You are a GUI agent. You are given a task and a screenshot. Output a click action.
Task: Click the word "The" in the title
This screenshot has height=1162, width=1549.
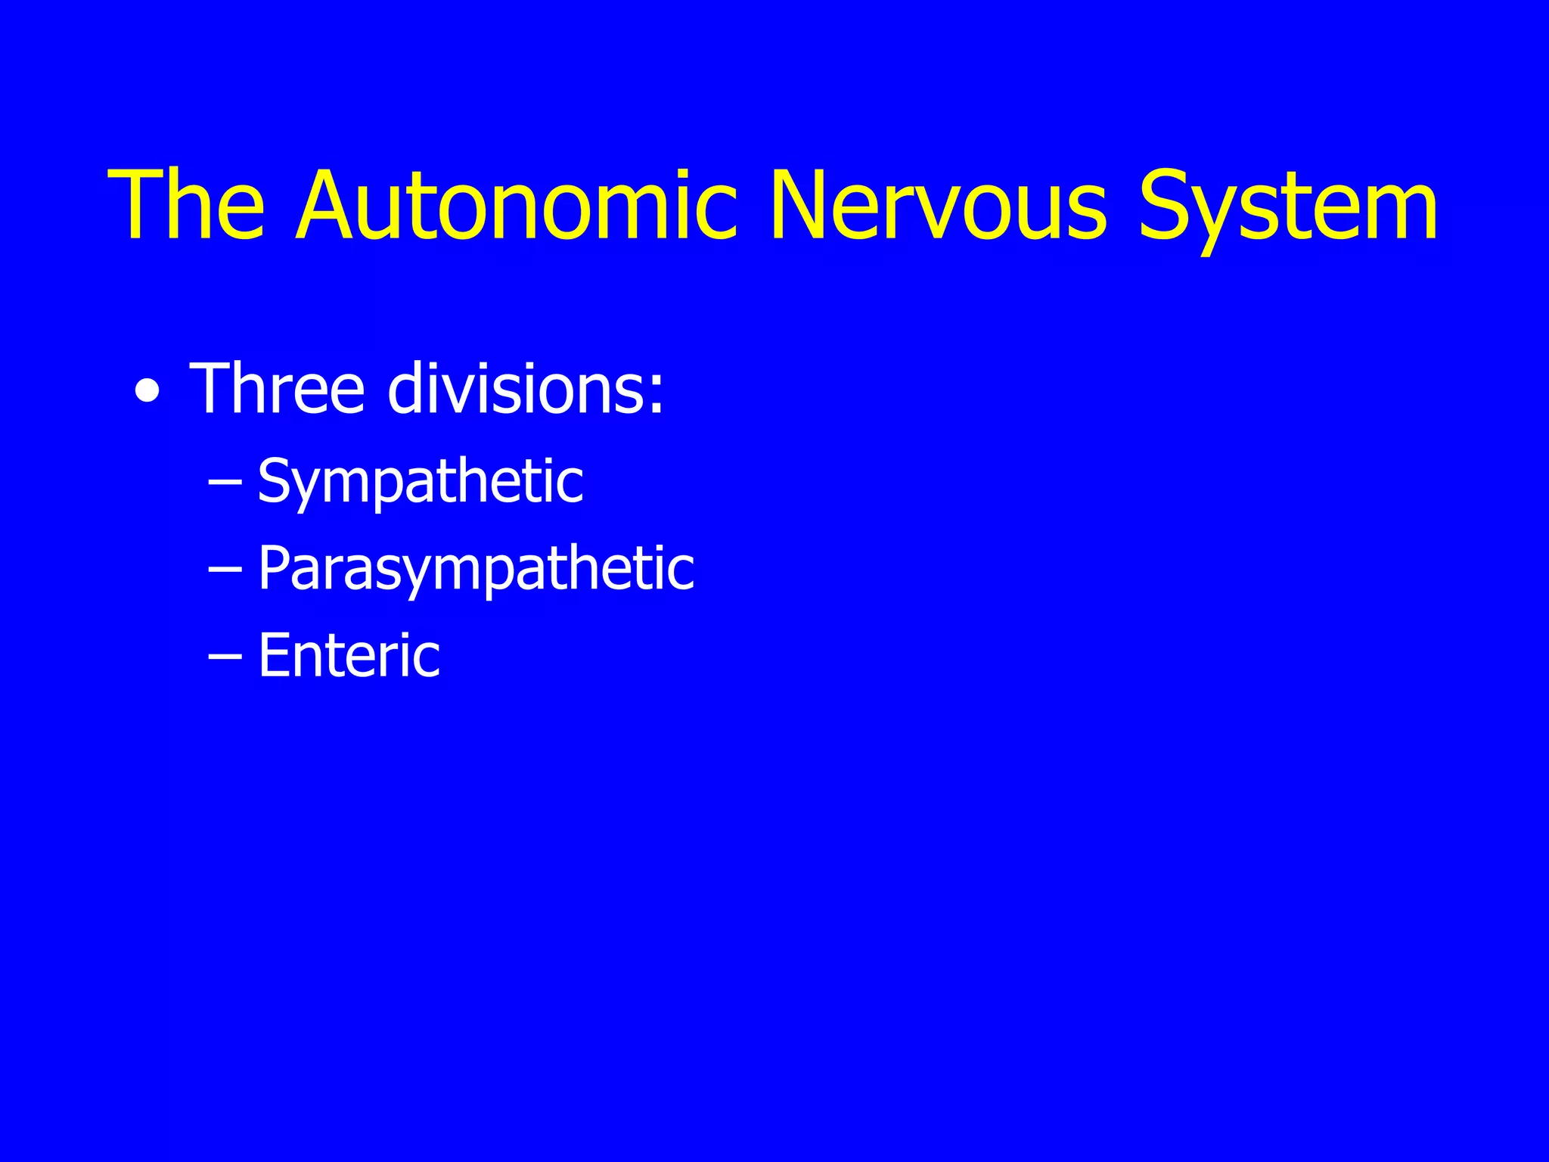(x=187, y=206)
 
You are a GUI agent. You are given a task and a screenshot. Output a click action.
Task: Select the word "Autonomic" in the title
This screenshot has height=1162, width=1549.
(x=517, y=206)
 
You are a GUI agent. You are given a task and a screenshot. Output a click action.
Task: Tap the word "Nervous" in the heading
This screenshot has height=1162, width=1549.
(x=939, y=206)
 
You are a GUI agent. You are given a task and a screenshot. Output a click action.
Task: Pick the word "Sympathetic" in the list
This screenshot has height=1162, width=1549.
(x=421, y=482)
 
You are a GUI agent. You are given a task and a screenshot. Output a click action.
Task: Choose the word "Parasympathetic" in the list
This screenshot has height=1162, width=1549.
(x=476, y=569)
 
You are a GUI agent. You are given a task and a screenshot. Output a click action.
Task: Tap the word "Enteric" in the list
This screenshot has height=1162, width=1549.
(x=349, y=655)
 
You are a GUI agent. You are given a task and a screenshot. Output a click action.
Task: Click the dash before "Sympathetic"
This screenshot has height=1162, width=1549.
(x=225, y=483)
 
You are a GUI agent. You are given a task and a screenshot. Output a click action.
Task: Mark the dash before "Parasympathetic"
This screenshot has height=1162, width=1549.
(x=225, y=570)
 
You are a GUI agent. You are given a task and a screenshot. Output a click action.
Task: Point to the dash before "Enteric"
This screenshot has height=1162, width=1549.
(x=225, y=657)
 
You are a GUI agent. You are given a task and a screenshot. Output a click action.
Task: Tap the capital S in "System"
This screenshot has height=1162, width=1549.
(x=1169, y=206)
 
